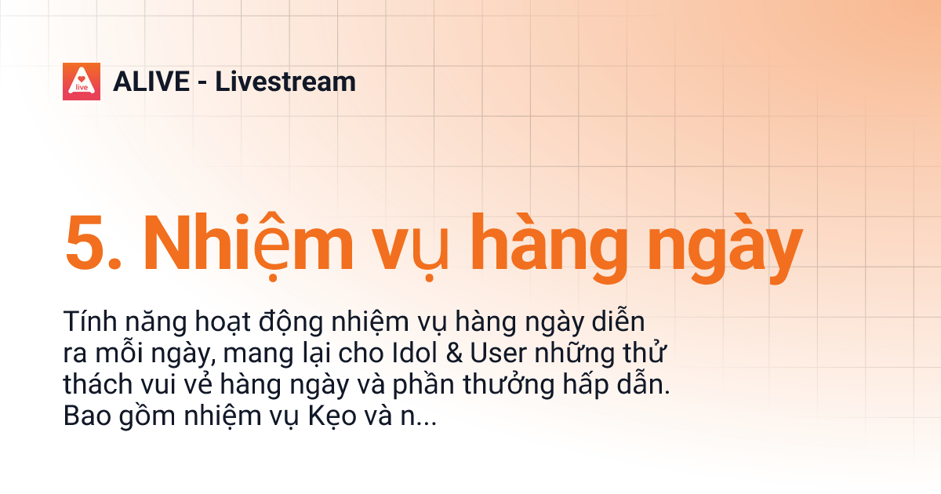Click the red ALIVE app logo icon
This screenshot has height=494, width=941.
pos(82,81)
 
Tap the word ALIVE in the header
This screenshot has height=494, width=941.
pos(151,82)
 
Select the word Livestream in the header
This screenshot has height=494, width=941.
pos(285,82)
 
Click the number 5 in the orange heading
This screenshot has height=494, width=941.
pos(86,243)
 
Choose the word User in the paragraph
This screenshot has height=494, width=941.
pos(496,354)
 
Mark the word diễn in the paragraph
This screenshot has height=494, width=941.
pos(619,322)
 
